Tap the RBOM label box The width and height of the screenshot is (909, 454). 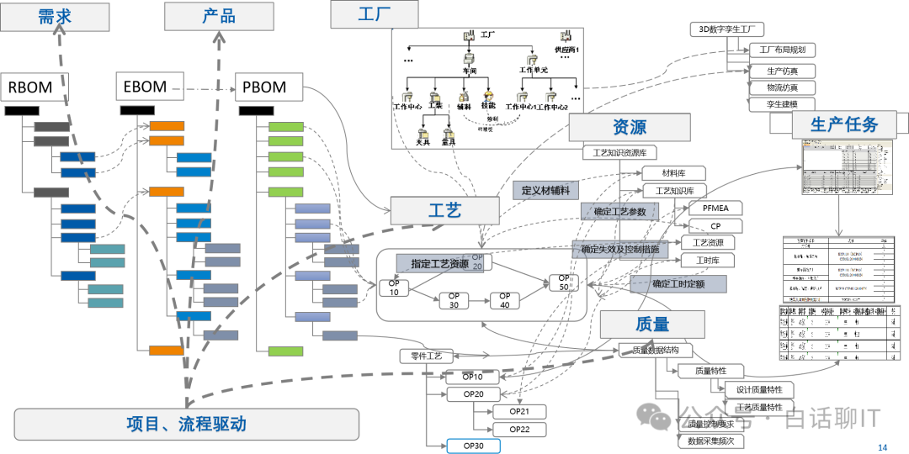click(x=30, y=87)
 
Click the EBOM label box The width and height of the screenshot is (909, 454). click(x=146, y=86)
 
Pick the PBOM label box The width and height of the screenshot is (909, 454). click(x=264, y=87)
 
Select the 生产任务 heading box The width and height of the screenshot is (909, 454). click(x=844, y=124)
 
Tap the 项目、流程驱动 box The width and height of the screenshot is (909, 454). click(x=186, y=424)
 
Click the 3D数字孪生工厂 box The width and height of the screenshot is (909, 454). click(x=726, y=29)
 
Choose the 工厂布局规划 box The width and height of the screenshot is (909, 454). click(x=782, y=50)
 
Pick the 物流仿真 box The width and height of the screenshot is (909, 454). click(x=782, y=87)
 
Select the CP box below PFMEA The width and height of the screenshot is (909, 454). click(x=715, y=225)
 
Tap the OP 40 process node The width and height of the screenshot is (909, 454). click(x=505, y=301)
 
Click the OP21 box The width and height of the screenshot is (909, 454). click(x=518, y=411)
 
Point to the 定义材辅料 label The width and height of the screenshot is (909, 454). click(x=545, y=190)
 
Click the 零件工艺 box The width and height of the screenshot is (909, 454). click(x=426, y=356)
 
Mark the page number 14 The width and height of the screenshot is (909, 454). click(x=882, y=446)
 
